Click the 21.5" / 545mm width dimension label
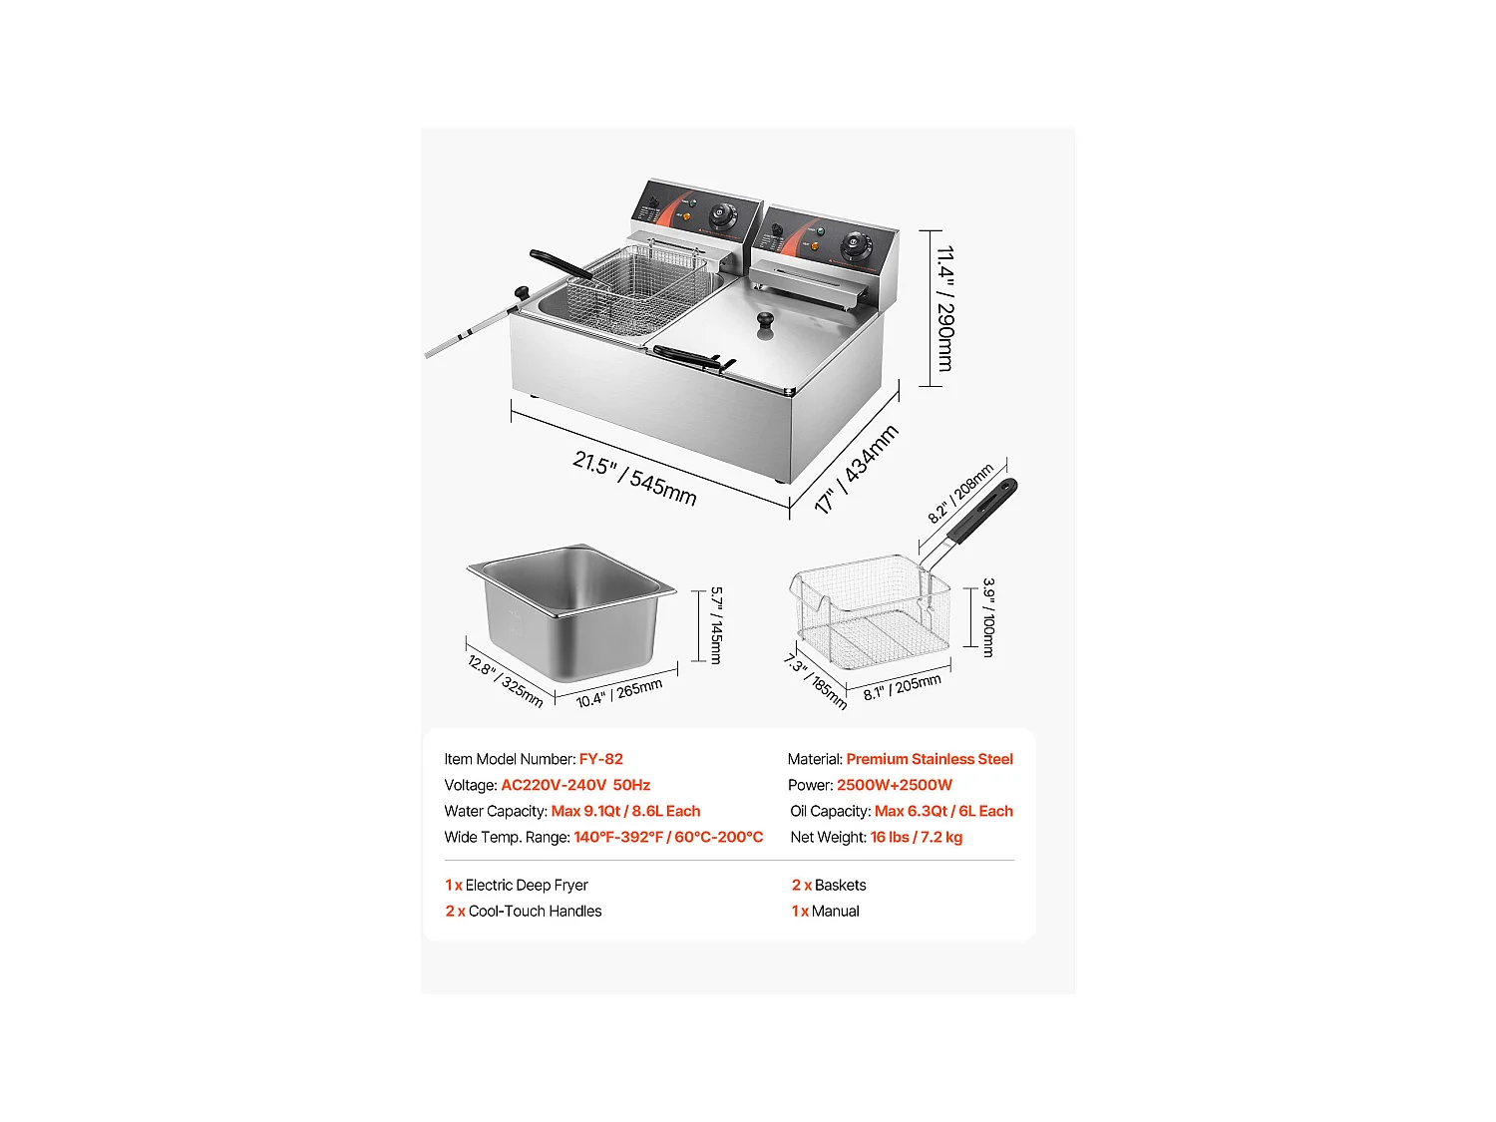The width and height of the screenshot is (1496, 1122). (x=634, y=479)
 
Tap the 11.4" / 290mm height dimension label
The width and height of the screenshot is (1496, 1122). (x=944, y=308)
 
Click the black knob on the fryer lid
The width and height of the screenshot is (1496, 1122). (x=765, y=321)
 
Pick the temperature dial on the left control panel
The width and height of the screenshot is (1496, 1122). (x=720, y=215)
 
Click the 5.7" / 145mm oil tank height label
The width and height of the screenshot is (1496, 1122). (x=716, y=625)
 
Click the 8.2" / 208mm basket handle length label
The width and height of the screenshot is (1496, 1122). (x=960, y=493)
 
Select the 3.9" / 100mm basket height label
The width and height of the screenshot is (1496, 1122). (x=988, y=617)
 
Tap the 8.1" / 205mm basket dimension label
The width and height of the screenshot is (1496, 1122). (x=902, y=687)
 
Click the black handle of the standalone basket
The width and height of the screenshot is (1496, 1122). (x=983, y=511)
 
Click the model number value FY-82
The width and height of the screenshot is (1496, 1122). (x=600, y=759)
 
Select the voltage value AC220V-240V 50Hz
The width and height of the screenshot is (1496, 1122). (x=575, y=785)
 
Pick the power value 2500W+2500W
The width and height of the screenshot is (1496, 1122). (x=894, y=785)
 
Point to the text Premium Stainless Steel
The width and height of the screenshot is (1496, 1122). (x=929, y=759)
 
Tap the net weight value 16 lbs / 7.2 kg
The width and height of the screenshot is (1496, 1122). (x=916, y=837)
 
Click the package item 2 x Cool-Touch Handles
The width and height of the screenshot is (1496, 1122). (x=523, y=911)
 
